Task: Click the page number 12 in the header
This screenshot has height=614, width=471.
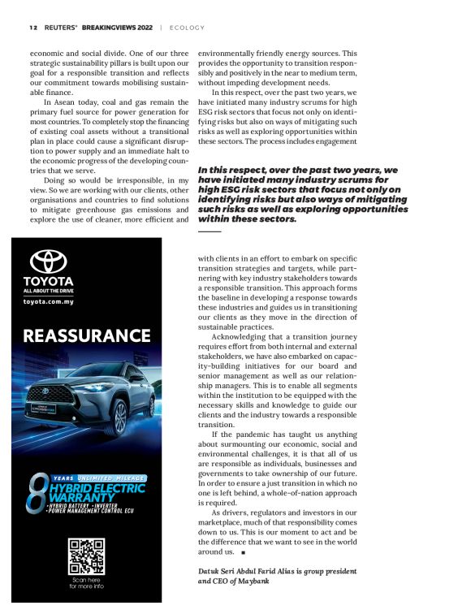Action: [x=32, y=27]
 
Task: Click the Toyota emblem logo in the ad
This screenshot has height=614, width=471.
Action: [x=48, y=262]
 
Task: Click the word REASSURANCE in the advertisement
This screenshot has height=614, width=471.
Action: [x=87, y=335]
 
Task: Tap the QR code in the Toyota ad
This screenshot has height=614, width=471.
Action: [x=86, y=556]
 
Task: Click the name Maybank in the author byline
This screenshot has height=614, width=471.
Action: [x=253, y=582]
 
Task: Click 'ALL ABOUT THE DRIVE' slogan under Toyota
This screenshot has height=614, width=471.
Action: [x=49, y=291]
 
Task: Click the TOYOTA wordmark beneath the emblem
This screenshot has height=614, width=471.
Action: [x=48, y=281]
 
